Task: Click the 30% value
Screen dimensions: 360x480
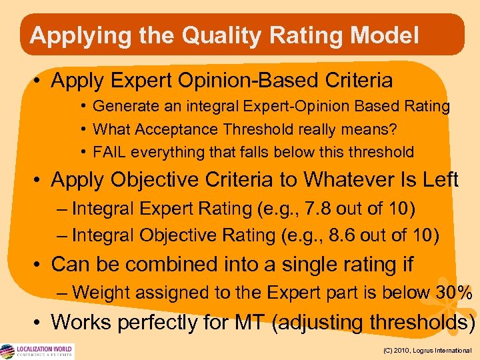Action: [x=454, y=292]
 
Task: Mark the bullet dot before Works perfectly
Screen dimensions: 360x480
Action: [x=39, y=323]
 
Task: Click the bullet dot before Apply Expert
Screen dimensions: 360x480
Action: [x=39, y=81]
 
